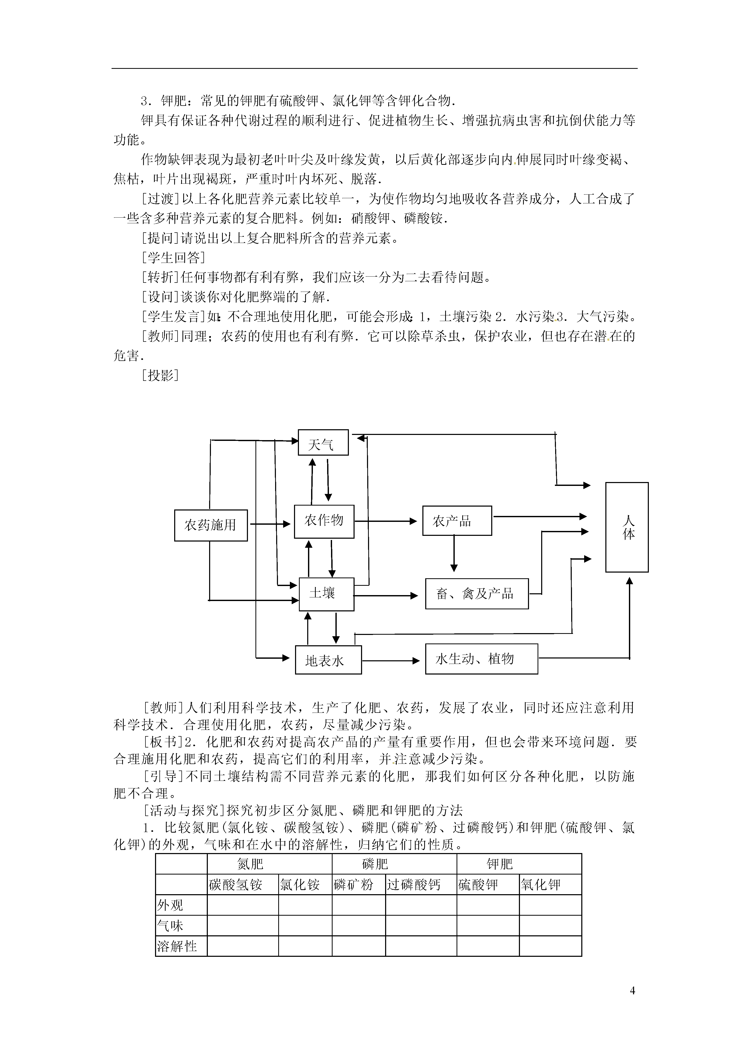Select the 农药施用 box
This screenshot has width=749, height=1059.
pos(211,525)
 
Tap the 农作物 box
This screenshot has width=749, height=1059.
pos(324,521)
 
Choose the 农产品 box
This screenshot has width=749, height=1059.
pos(457,521)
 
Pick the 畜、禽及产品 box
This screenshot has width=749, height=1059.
pos(477,594)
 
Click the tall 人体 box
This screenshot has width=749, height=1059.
pos(627,527)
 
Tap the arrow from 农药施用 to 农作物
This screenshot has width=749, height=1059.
pos(270,524)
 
